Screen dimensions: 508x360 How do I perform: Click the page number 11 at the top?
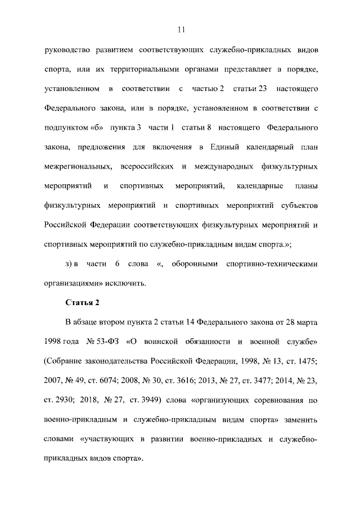point(180,29)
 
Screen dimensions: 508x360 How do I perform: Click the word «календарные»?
point(259,186)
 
